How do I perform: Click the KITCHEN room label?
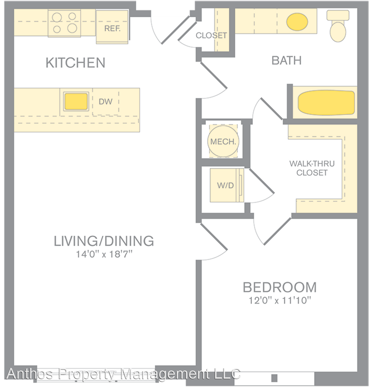[x=75, y=62]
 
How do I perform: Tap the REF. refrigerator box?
[x=112, y=27]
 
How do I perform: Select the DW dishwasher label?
[x=105, y=101]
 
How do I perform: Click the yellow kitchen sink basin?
[x=76, y=101]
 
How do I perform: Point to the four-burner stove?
[x=64, y=23]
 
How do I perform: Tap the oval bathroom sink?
[x=297, y=22]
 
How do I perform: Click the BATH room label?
[x=286, y=61]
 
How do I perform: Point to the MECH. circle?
[x=223, y=141]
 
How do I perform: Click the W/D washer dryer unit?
[x=227, y=185]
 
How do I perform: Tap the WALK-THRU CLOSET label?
[x=312, y=168]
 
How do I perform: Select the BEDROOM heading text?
[x=280, y=287]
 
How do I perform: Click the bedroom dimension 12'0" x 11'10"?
[x=280, y=300]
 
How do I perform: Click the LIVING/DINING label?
[x=104, y=241]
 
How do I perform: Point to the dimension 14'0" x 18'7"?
[x=104, y=254]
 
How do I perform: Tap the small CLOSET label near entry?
[x=211, y=35]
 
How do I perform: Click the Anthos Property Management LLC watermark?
[x=123, y=374]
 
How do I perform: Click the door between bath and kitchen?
[x=214, y=75]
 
